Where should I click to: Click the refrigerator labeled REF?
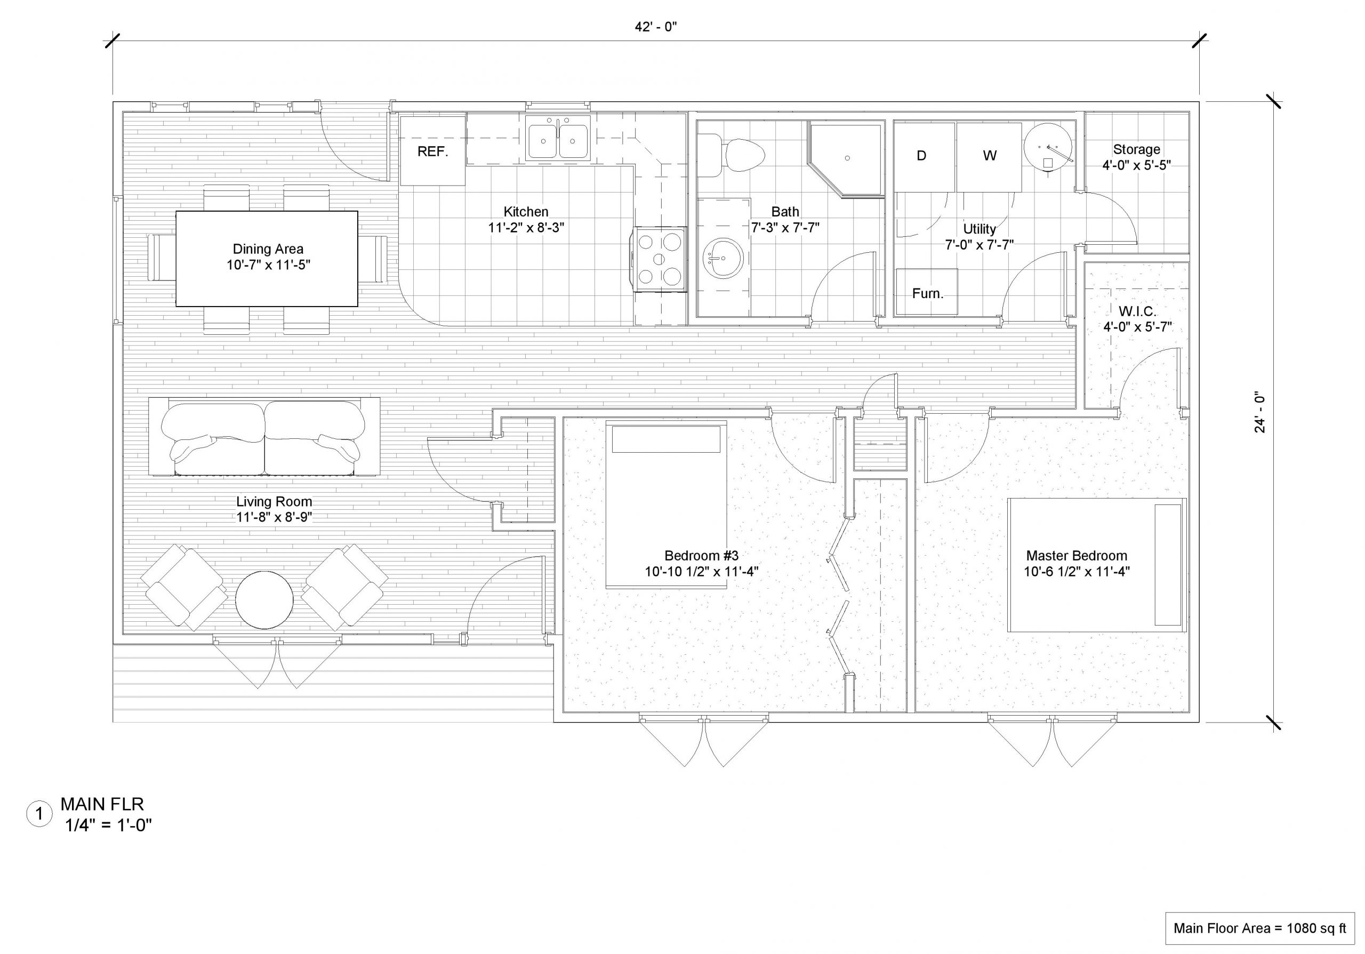point(432,151)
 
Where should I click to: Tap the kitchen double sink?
point(558,139)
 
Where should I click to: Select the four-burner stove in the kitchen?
point(660,259)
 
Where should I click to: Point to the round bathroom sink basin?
point(723,259)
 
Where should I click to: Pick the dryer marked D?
point(924,156)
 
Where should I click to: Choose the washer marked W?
point(989,156)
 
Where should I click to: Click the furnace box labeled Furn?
point(927,292)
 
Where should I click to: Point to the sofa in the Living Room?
point(264,437)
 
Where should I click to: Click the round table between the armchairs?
point(264,600)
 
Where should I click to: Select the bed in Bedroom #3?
point(666,504)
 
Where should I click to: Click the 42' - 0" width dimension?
point(656,27)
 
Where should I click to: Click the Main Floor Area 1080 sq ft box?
point(1260,928)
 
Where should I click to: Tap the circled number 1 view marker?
point(39,814)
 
